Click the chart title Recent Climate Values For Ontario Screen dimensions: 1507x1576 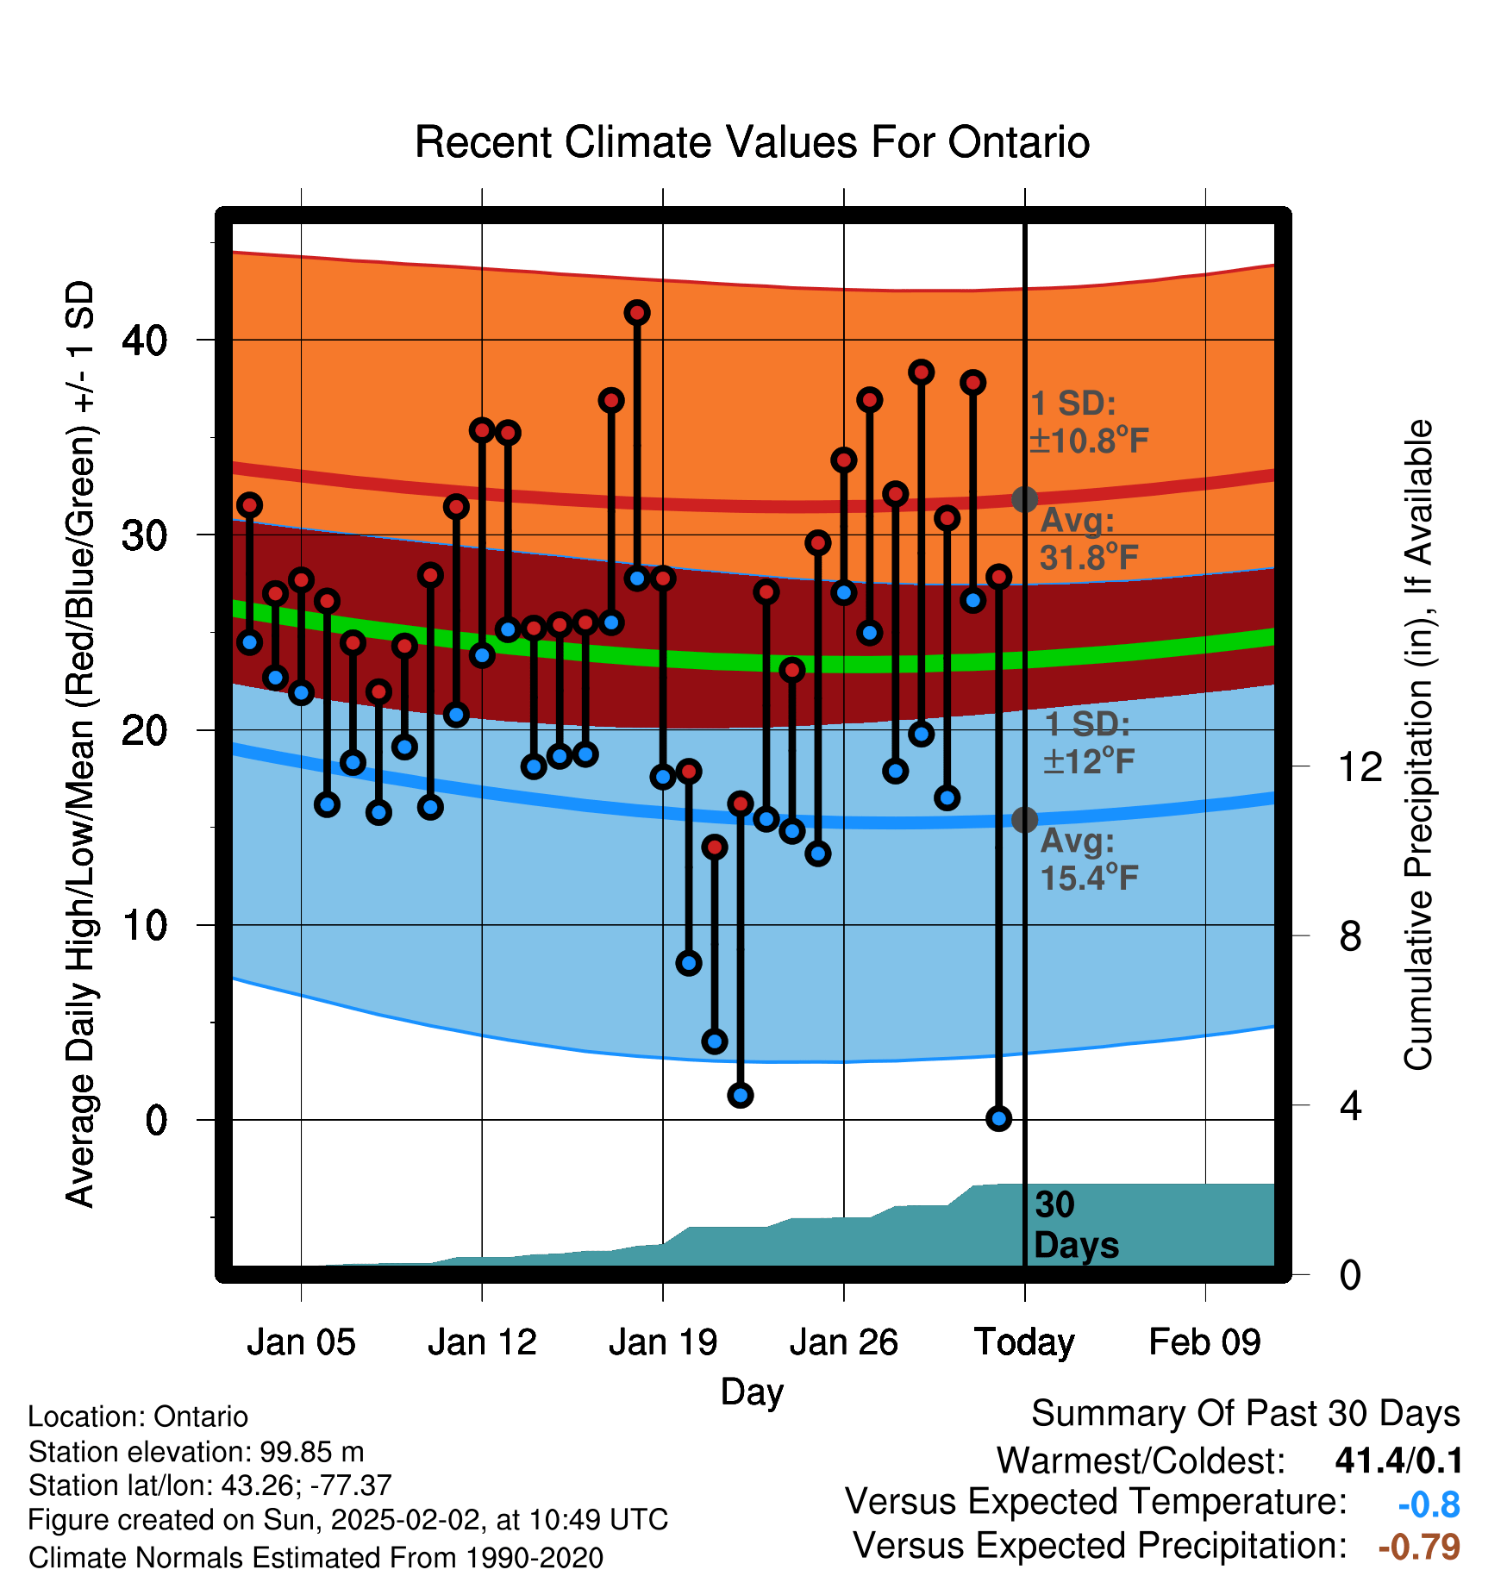point(752,142)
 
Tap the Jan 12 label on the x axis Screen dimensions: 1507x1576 point(482,1342)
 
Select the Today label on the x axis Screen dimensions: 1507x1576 point(1024,1343)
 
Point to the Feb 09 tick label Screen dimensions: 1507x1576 point(1204,1342)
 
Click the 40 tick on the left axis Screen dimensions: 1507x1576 point(145,341)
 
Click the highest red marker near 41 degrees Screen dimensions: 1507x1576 point(637,312)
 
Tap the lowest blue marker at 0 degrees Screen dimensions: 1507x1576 point(998,1118)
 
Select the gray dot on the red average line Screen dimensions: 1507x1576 point(1024,499)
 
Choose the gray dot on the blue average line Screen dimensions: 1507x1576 point(1024,819)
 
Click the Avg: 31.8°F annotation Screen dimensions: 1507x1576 point(1089,540)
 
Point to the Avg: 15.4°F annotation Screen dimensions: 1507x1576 point(1089,860)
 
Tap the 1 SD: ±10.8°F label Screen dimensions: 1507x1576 point(1089,422)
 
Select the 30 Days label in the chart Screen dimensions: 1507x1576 point(1076,1225)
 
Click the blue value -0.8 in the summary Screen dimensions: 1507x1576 point(1429,1504)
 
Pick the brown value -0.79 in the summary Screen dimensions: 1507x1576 point(1419,1547)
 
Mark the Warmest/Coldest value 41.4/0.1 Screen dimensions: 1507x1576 point(1398,1460)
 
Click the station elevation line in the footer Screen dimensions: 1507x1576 point(197,1452)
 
